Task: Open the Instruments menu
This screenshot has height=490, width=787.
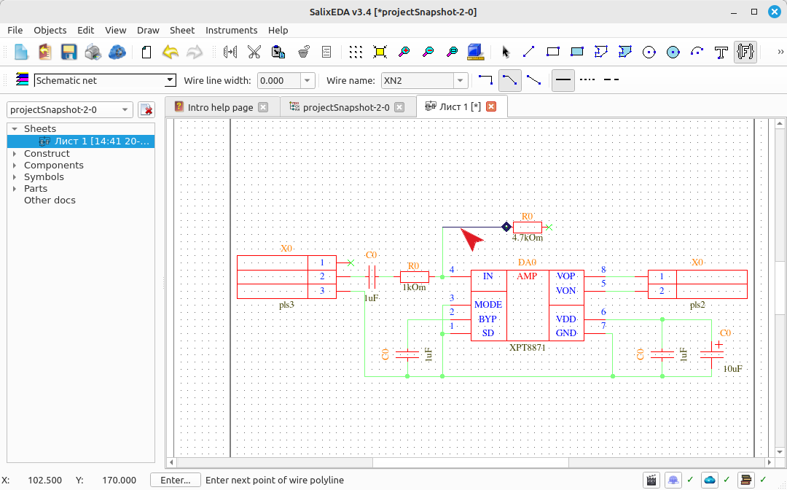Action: pyautogui.click(x=232, y=30)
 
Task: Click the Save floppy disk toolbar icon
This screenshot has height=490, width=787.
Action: pyautogui.click(x=68, y=52)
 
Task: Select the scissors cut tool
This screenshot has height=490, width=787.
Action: pyautogui.click(x=254, y=52)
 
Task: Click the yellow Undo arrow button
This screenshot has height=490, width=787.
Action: pyautogui.click(x=171, y=52)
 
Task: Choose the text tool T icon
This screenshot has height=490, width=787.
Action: pyautogui.click(x=721, y=52)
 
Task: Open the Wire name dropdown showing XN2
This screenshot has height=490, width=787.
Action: pyautogui.click(x=461, y=80)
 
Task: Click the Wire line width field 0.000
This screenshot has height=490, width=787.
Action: pyautogui.click(x=279, y=80)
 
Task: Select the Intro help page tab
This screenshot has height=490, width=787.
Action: pyautogui.click(x=220, y=107)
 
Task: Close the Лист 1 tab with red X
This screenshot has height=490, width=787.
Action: pyautogui.click(x=491, y=106)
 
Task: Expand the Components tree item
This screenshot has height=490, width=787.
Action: pyautogui.click(x=15, y=166)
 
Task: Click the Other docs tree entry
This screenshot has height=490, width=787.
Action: pyautogui.click(x=50, y=200)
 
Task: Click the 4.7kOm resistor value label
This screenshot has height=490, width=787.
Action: pyautogui.click(x=527, y=238)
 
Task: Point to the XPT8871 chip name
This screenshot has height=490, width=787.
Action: pyautogui.click(x=527, y=347)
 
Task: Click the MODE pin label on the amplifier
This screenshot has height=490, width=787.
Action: pyautogui.click(x=488, y=305)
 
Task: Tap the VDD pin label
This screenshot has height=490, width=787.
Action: pyautogui.click(x=565, y=319)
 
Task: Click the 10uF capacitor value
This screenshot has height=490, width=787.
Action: pyautogui.click(x=732, y=368)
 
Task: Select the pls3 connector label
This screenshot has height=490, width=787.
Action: pyautogui.click(x=286, y=305)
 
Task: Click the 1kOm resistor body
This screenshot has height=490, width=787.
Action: pyautogui.click(x=414, y=276)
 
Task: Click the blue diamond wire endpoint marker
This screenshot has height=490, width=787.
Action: pyautogui.click(x=506, y=227)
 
